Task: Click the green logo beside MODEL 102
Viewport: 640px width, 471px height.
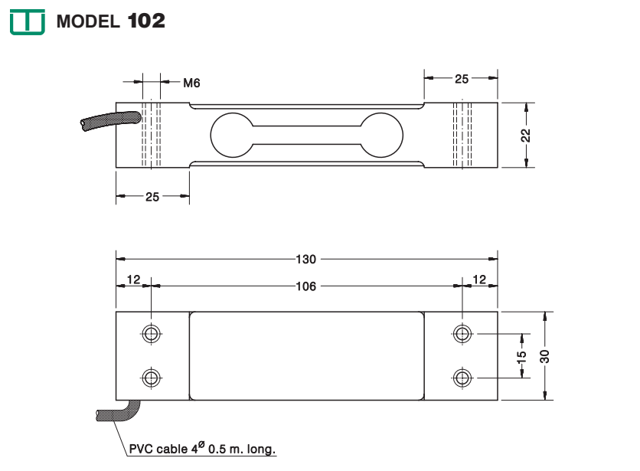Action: tap(28, 22)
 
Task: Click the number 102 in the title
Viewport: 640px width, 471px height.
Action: tap(145, 21)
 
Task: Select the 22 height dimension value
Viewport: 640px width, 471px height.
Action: tap(526, 134)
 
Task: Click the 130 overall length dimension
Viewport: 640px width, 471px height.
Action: tap(306, 258)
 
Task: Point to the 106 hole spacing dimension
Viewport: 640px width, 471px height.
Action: tap(306, 286)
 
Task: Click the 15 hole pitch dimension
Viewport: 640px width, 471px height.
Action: tap(522, 356)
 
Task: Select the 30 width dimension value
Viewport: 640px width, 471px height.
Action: tap(545, 356)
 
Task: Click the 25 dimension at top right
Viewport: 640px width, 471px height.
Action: tap(462, 78)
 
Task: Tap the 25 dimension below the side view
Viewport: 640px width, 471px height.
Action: tap(152, 197)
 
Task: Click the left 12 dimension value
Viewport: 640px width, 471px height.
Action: tap(133, 280)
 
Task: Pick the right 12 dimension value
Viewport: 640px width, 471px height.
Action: tap(480, 280)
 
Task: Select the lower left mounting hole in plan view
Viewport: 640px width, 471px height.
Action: tap(152, 378)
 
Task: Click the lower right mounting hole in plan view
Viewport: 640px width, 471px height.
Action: tap(462, 378)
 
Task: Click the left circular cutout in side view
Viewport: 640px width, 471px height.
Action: tap(233, 135)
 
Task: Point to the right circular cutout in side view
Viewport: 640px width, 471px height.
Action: tap(380, 135)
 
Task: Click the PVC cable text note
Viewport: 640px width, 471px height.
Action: tap(201, 448)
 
